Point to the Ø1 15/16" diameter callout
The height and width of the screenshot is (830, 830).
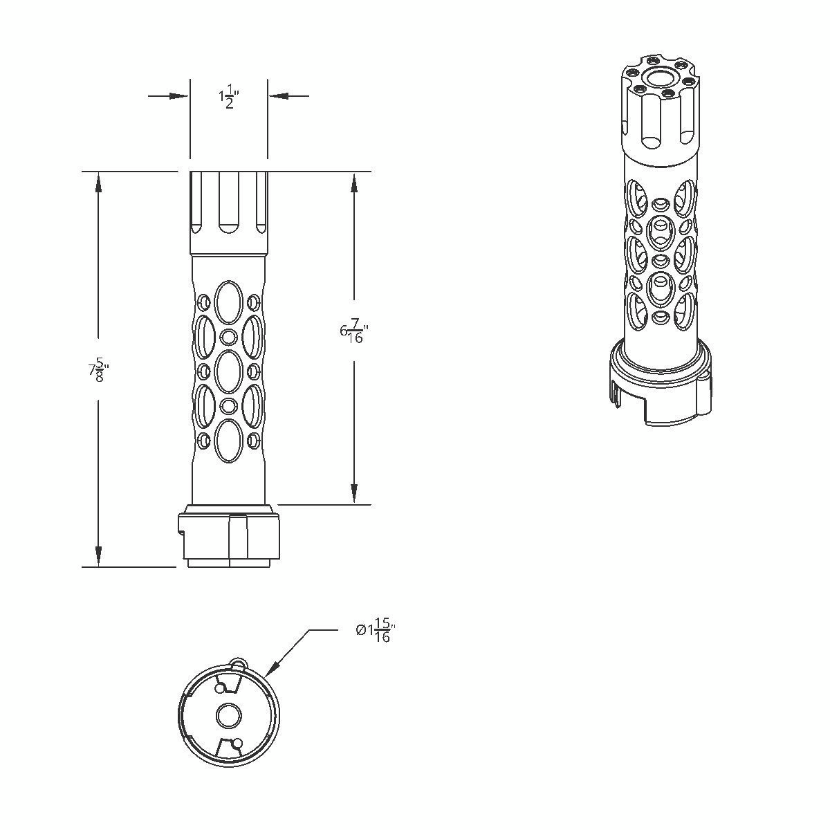(x=376, y=631)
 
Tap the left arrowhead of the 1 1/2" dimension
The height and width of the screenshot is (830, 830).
(x=179, y=95)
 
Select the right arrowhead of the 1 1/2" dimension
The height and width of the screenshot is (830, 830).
(x=278, y=95)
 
